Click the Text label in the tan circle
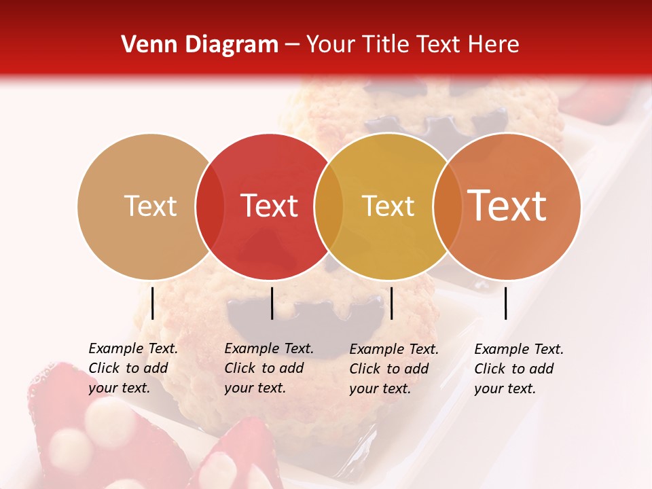(150, 206)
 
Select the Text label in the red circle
(269, 206)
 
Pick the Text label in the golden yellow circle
(388, 206)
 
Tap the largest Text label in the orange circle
(507, 206)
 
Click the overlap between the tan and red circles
(210, 206)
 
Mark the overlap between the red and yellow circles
(329, 206)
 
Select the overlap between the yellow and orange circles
(448, 206)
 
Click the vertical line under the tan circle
(152, 303)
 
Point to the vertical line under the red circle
(272, 303)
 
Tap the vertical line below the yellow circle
(391, 303)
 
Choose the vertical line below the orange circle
(506, 303)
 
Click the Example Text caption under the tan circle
(132, 368)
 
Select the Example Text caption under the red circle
(268, 368)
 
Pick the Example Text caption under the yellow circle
(393, 368)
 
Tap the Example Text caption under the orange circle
(518, 369)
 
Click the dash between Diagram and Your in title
(292, 46)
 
